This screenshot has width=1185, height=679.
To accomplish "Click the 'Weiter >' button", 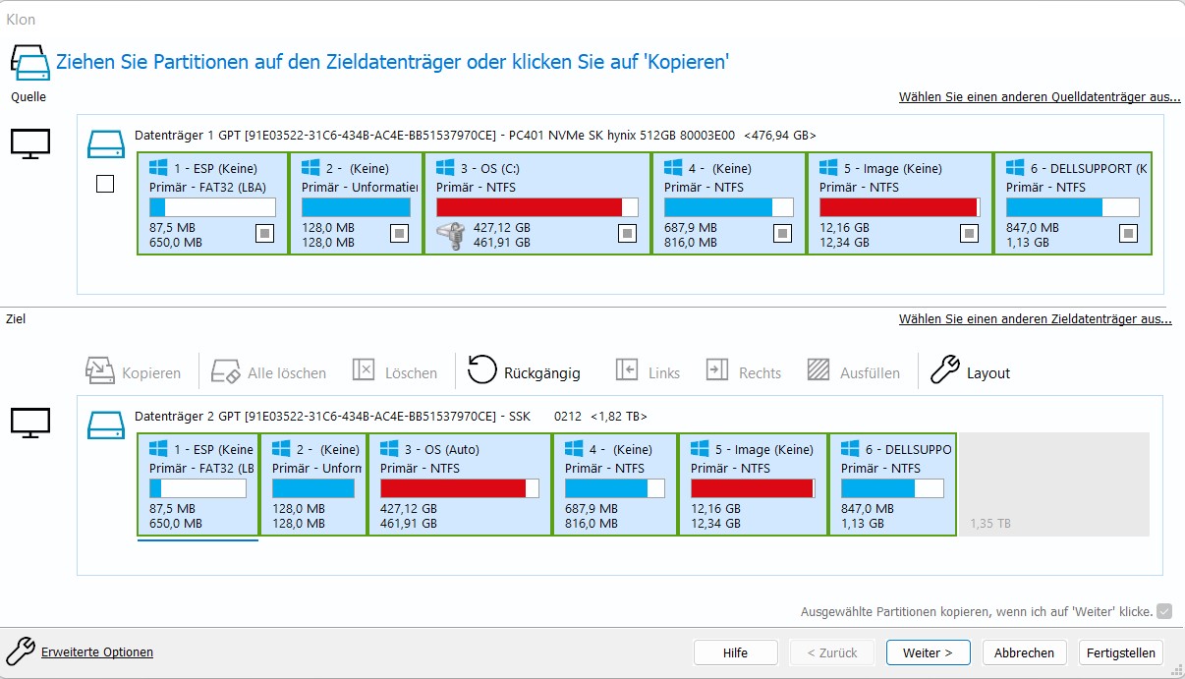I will tap(928, 652).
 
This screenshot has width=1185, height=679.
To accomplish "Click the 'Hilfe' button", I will tap(735, 652).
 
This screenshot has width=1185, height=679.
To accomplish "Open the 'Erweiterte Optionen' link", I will tap(96, 651).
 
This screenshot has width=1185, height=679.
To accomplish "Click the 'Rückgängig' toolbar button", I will tap(524, 372).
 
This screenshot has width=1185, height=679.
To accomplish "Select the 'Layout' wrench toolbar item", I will tap(971, 372).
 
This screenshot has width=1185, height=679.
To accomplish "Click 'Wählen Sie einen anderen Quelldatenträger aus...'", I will tap(1040, 97).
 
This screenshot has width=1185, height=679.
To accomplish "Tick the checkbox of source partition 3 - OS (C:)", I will tap(627, 233).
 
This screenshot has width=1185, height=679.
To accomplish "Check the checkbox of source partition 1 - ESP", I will tap(264, 233).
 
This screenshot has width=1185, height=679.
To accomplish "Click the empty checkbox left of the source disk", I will tap(106, 184).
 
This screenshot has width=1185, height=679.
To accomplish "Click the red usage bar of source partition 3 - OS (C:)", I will tap(529, 207).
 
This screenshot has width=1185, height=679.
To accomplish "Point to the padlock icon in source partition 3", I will tap(450, 236).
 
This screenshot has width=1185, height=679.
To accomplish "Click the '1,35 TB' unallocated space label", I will tap(989, 524).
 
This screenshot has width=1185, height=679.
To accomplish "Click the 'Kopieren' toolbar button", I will tap(134, 372).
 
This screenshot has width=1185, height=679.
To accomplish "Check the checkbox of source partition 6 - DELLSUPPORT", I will tap(1128, 233).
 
